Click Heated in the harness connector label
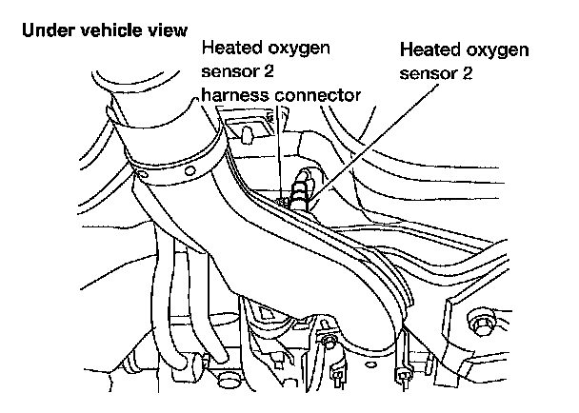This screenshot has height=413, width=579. (230, 49)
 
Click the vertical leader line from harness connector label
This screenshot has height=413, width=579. (280, 143)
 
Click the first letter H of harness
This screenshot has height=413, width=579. (205, 95)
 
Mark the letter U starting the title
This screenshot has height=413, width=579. (26, 29)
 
